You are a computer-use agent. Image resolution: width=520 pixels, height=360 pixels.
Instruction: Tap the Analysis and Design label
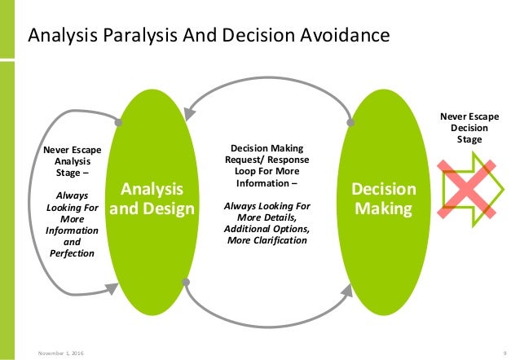[x=152, y=200]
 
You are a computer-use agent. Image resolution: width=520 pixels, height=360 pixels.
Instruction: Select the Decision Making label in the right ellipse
[x=383, y=200]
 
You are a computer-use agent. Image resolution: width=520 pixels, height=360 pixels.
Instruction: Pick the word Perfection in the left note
[x=72, y=253]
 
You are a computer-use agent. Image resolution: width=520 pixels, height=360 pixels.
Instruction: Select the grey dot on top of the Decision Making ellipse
[x=351, y=122]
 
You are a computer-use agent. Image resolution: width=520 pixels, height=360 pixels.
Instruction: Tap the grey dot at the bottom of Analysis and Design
[x=187, y=283]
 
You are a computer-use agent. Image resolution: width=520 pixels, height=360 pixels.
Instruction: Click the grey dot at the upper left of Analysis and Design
[x=120, y=123]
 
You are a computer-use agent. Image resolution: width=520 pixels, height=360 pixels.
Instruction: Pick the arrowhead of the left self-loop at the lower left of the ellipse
[x=113, y=285]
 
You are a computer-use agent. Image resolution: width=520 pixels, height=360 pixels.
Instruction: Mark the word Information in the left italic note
[x=72, y=230]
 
